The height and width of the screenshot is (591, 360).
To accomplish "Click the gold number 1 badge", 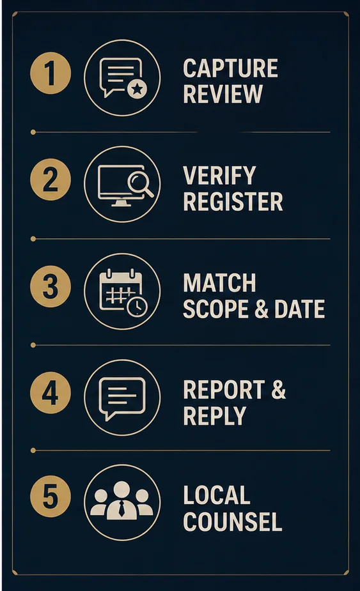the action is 50,73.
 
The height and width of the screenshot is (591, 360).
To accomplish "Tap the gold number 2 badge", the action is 50,180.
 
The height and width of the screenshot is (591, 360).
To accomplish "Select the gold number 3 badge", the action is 50,286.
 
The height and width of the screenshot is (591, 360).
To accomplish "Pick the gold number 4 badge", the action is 50,393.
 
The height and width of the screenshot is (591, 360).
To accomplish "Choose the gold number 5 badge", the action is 50,496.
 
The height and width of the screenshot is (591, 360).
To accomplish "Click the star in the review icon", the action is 137,89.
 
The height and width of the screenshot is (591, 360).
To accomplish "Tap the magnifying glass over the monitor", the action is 141,184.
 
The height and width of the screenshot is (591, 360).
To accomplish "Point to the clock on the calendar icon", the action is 137,307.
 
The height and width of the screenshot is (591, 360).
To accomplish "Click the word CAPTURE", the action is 231,68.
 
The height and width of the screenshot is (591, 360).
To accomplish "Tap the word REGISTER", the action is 233,201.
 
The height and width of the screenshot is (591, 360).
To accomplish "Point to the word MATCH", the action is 219,282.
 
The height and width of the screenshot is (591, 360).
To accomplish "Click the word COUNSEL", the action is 233,521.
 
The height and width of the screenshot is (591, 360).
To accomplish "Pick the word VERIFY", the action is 219,175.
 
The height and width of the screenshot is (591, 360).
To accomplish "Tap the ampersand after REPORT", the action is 279,389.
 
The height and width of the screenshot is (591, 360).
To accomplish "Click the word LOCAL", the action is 217,495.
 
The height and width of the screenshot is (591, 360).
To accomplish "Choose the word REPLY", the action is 214,416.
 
